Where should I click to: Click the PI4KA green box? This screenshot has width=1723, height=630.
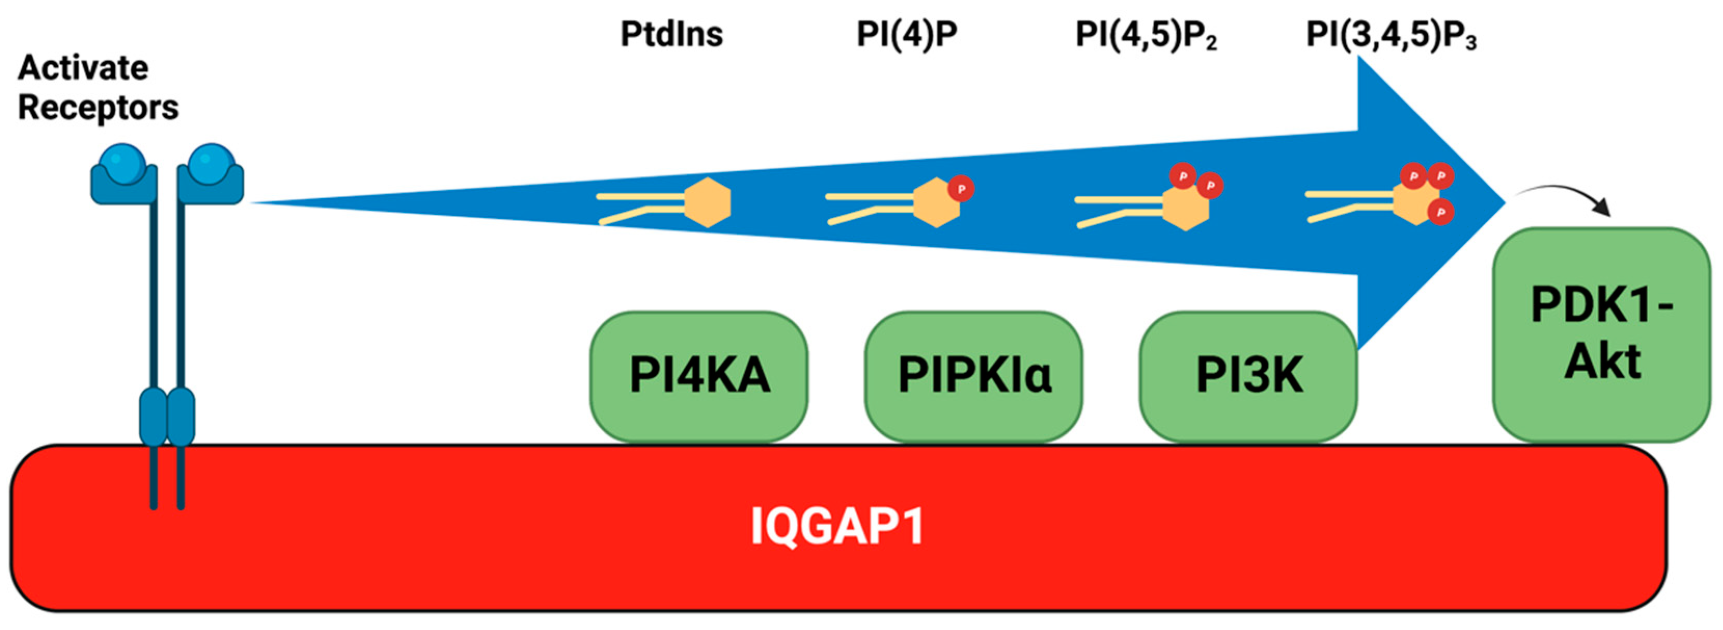click(698, 376)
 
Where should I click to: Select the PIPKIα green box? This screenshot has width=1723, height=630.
click(973, 376)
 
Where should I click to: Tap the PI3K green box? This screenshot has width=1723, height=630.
click(1248, 376)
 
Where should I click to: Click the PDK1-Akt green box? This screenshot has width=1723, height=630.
click(1601, 334)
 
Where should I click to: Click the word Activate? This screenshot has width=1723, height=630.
click(83, 67)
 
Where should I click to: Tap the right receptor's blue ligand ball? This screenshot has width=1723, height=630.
click(211, 164)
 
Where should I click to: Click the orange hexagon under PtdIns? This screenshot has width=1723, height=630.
click(708, 202)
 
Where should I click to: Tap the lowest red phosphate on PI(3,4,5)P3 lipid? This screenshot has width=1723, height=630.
click(1441, 212)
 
